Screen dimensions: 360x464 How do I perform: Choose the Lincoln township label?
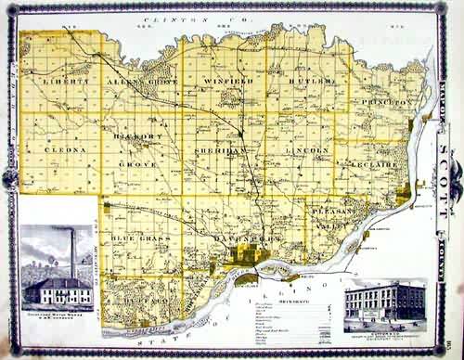tap(307, 149)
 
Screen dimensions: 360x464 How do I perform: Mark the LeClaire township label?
tap(376, 165)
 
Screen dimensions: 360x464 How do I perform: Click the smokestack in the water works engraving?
tap(71, 253)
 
